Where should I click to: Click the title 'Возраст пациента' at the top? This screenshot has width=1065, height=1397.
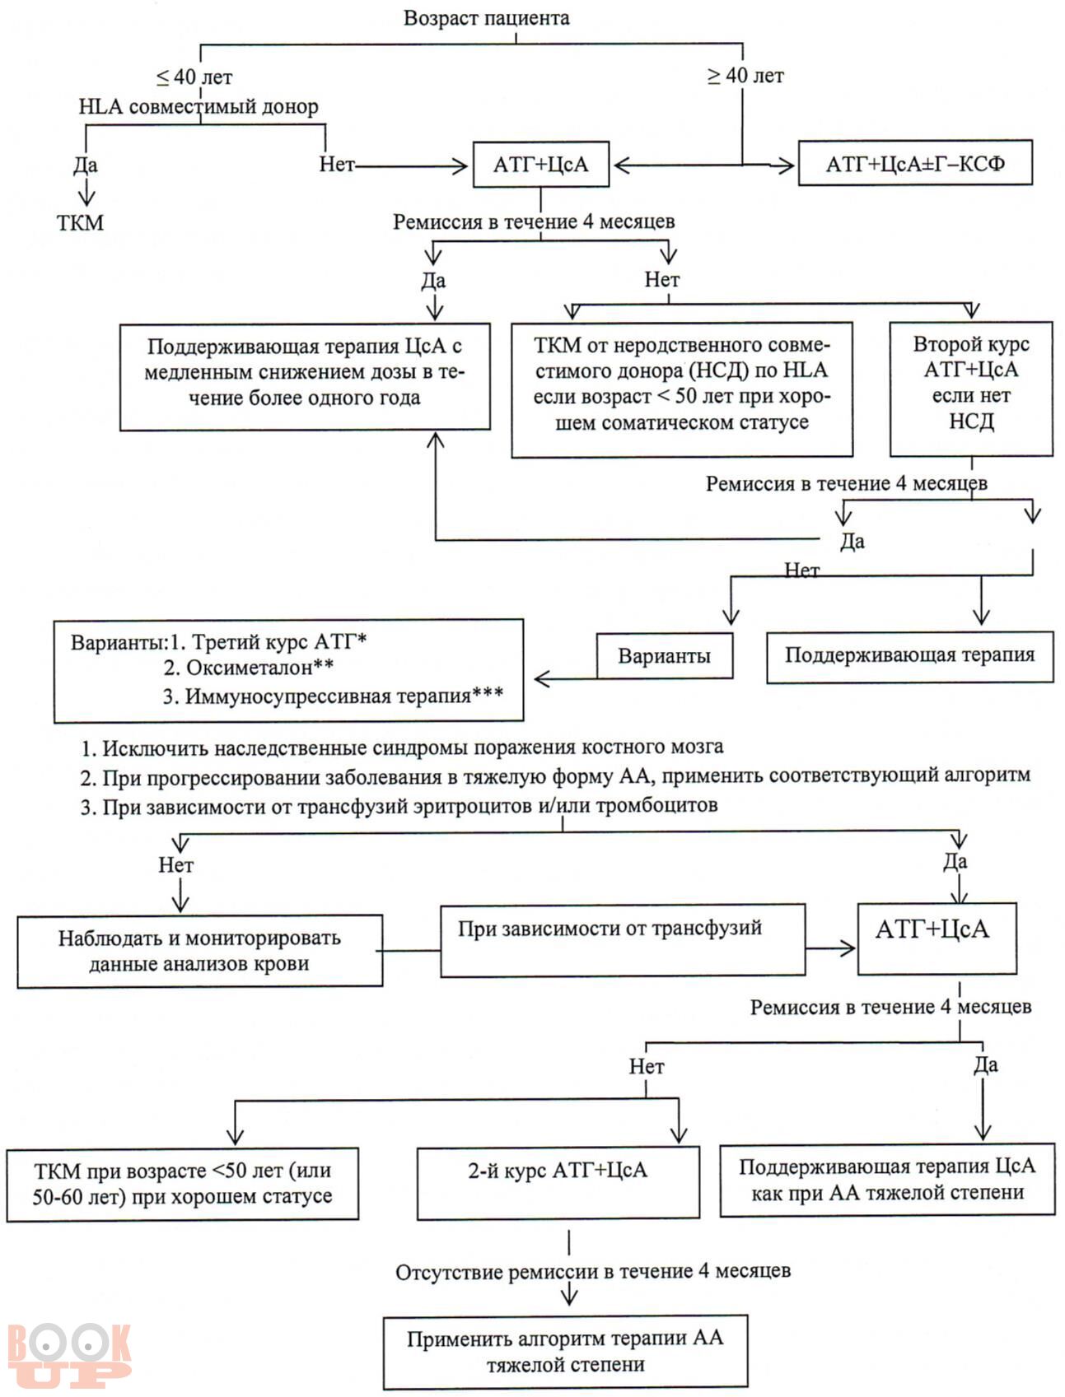[x=486, y=18]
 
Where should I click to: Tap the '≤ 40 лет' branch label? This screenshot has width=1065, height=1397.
[x=194, y=77]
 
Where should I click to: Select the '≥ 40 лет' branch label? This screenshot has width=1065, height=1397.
[x=745, y=76]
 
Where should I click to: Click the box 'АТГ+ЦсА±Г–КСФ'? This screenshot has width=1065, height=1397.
[x=915, y=163]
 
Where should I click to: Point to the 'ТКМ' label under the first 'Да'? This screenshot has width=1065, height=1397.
[x=81, y=222]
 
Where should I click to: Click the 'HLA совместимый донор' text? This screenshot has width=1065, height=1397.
[x=199, y=106]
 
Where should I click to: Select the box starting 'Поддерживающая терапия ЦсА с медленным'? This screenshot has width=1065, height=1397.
[x=306, y=376]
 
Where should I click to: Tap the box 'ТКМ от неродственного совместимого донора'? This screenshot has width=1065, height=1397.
[x=682, y=389]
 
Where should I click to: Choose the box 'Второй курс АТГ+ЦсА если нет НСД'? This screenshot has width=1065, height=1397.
[x=971, y=389]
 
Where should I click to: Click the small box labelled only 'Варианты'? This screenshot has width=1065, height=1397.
[x=665, y=655]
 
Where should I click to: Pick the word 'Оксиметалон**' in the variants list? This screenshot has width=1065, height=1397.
[x=259, y=667]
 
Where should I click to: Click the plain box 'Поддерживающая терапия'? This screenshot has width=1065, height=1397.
[x=909, y=656]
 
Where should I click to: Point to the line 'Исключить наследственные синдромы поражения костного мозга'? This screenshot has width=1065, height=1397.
[x=402, y=747]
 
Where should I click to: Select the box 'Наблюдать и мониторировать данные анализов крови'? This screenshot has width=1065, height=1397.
[x=199, y=951]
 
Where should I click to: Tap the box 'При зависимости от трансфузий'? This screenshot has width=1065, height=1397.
[x=623, y=941]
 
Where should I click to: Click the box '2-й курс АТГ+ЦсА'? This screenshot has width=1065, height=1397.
[x=558, y=1184]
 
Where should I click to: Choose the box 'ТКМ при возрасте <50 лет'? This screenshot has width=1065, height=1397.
[x=183, y=1184]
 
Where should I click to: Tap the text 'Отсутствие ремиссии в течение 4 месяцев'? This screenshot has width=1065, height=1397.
[x=593, y=1272]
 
